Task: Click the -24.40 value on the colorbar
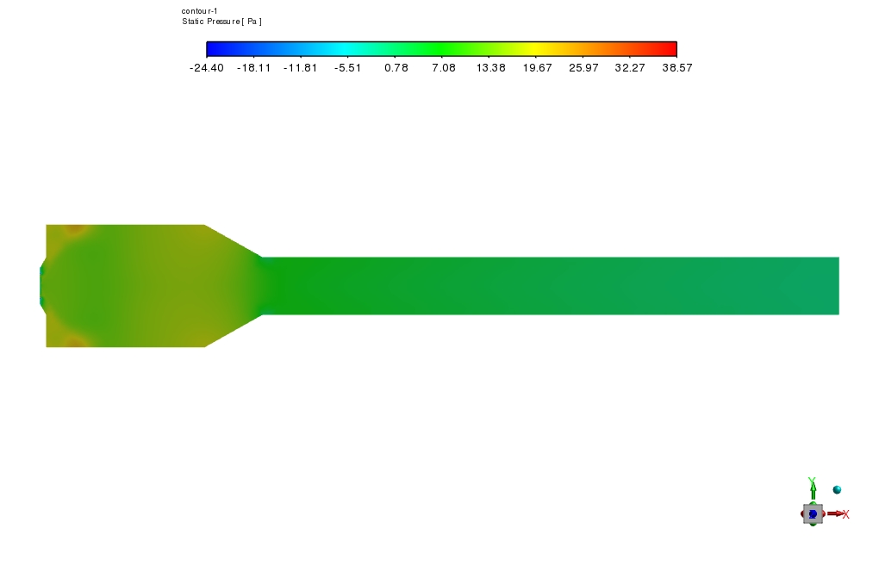[207, 68]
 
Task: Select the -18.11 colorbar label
[254, 68]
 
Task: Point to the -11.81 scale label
[301, 68]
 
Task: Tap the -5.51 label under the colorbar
[347, 68]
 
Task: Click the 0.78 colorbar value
[396, 68]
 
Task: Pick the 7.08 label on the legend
[444, 68]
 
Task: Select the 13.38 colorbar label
[490, 68]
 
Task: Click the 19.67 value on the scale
[537, 68]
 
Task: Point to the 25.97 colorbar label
[583, 68]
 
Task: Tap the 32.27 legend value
[630, 68]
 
